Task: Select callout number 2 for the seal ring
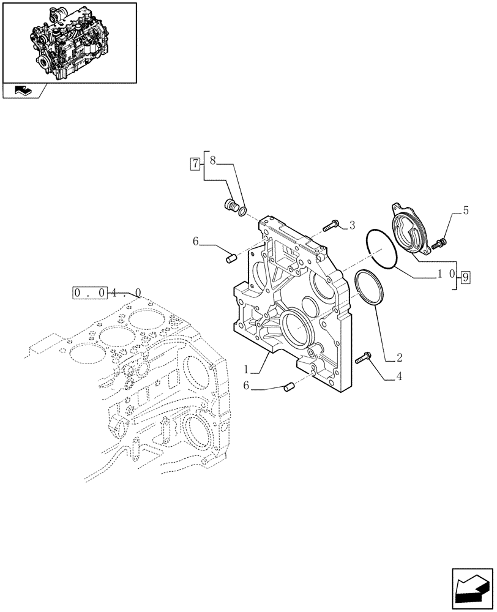coord(399,356)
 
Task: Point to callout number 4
coord(399,376)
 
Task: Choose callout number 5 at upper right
coord(466,211)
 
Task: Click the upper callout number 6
coord(195,242)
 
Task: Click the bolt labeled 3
coord(330,225)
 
